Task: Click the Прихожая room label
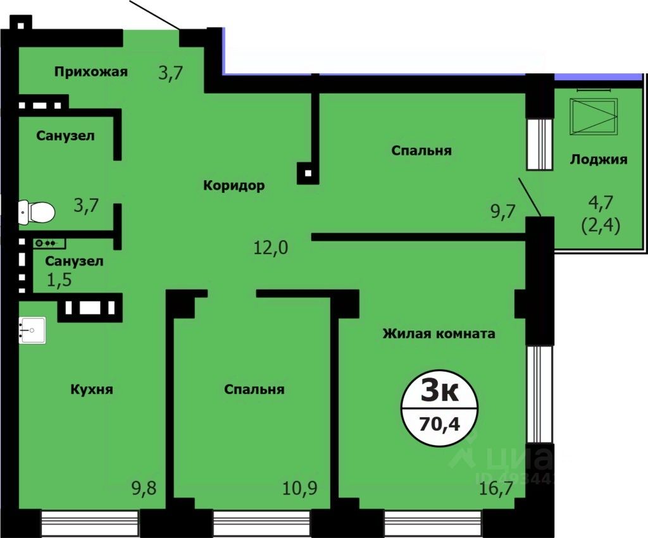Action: coord(90,71)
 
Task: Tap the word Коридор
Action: coord(234,185)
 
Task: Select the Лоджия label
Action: coord(599,159)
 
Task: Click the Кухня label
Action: coord(92,389)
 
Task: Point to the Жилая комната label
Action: coord(439,333)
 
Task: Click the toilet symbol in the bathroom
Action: coord(36,212)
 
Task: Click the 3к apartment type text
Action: coord(439,392)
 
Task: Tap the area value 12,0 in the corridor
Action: coord(271,247)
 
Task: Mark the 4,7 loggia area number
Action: coord(598,204)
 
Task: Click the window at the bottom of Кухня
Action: coord(89,523)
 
